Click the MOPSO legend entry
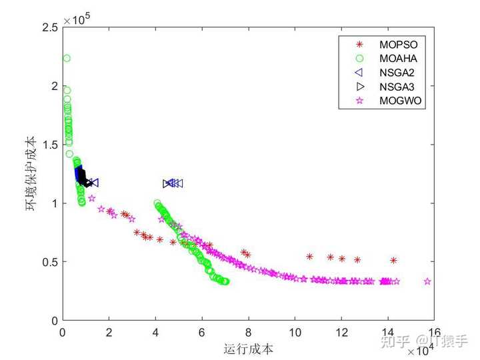click(393, 45)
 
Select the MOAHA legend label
click(393, 59)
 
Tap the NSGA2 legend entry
click(393, 73)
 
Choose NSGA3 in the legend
click(393, 87)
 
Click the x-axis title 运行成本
click(249, 348)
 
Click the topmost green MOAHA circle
click(67, 59)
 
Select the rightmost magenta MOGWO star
click(427, 281)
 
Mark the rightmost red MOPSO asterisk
click(393, 261)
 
